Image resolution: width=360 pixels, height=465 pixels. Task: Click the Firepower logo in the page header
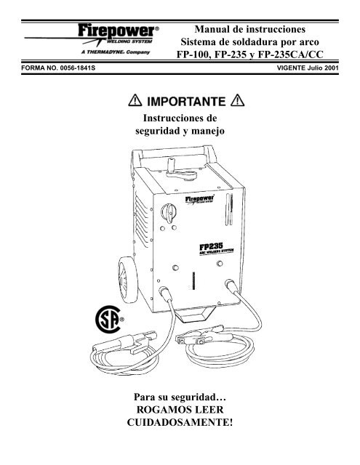click(119, 34)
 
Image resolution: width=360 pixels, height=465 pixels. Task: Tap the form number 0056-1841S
click(78, 68)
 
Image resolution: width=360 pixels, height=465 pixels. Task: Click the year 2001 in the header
click(332, 68)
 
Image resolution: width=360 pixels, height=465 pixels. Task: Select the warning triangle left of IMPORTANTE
click(135, 100)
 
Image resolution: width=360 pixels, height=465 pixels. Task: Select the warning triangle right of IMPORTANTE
click(237, 100)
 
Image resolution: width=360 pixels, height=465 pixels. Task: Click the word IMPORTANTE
click(186, 102)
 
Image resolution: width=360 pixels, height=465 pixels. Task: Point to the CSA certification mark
click(109, 320)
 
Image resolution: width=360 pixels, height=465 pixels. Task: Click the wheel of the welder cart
click(127, 280)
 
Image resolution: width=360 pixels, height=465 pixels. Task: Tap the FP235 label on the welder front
click(212, 246)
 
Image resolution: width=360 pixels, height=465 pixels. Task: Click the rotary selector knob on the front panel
click(169, 212)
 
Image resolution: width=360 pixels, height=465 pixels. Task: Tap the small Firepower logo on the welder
click(200, 199)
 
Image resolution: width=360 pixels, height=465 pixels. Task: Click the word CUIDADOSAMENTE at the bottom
click(180, 422)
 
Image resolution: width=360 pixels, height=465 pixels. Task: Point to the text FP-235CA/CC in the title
click(291, 54)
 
